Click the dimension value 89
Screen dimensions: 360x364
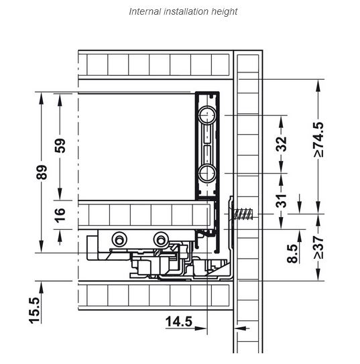coord(42,172)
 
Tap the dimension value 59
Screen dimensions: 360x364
coord(60,145)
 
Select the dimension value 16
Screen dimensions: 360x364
coord(60,215)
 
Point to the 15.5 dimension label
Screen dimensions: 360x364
coord(35,310)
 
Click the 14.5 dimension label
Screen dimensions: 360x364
coord(179,322)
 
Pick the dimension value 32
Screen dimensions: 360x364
coord(282,144)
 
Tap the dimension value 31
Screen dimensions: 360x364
coord(282,201)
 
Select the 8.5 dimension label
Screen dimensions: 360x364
coord(292,253)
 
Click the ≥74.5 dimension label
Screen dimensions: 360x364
coord(318,139)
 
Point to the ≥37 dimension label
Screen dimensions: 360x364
coord(318,247)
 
